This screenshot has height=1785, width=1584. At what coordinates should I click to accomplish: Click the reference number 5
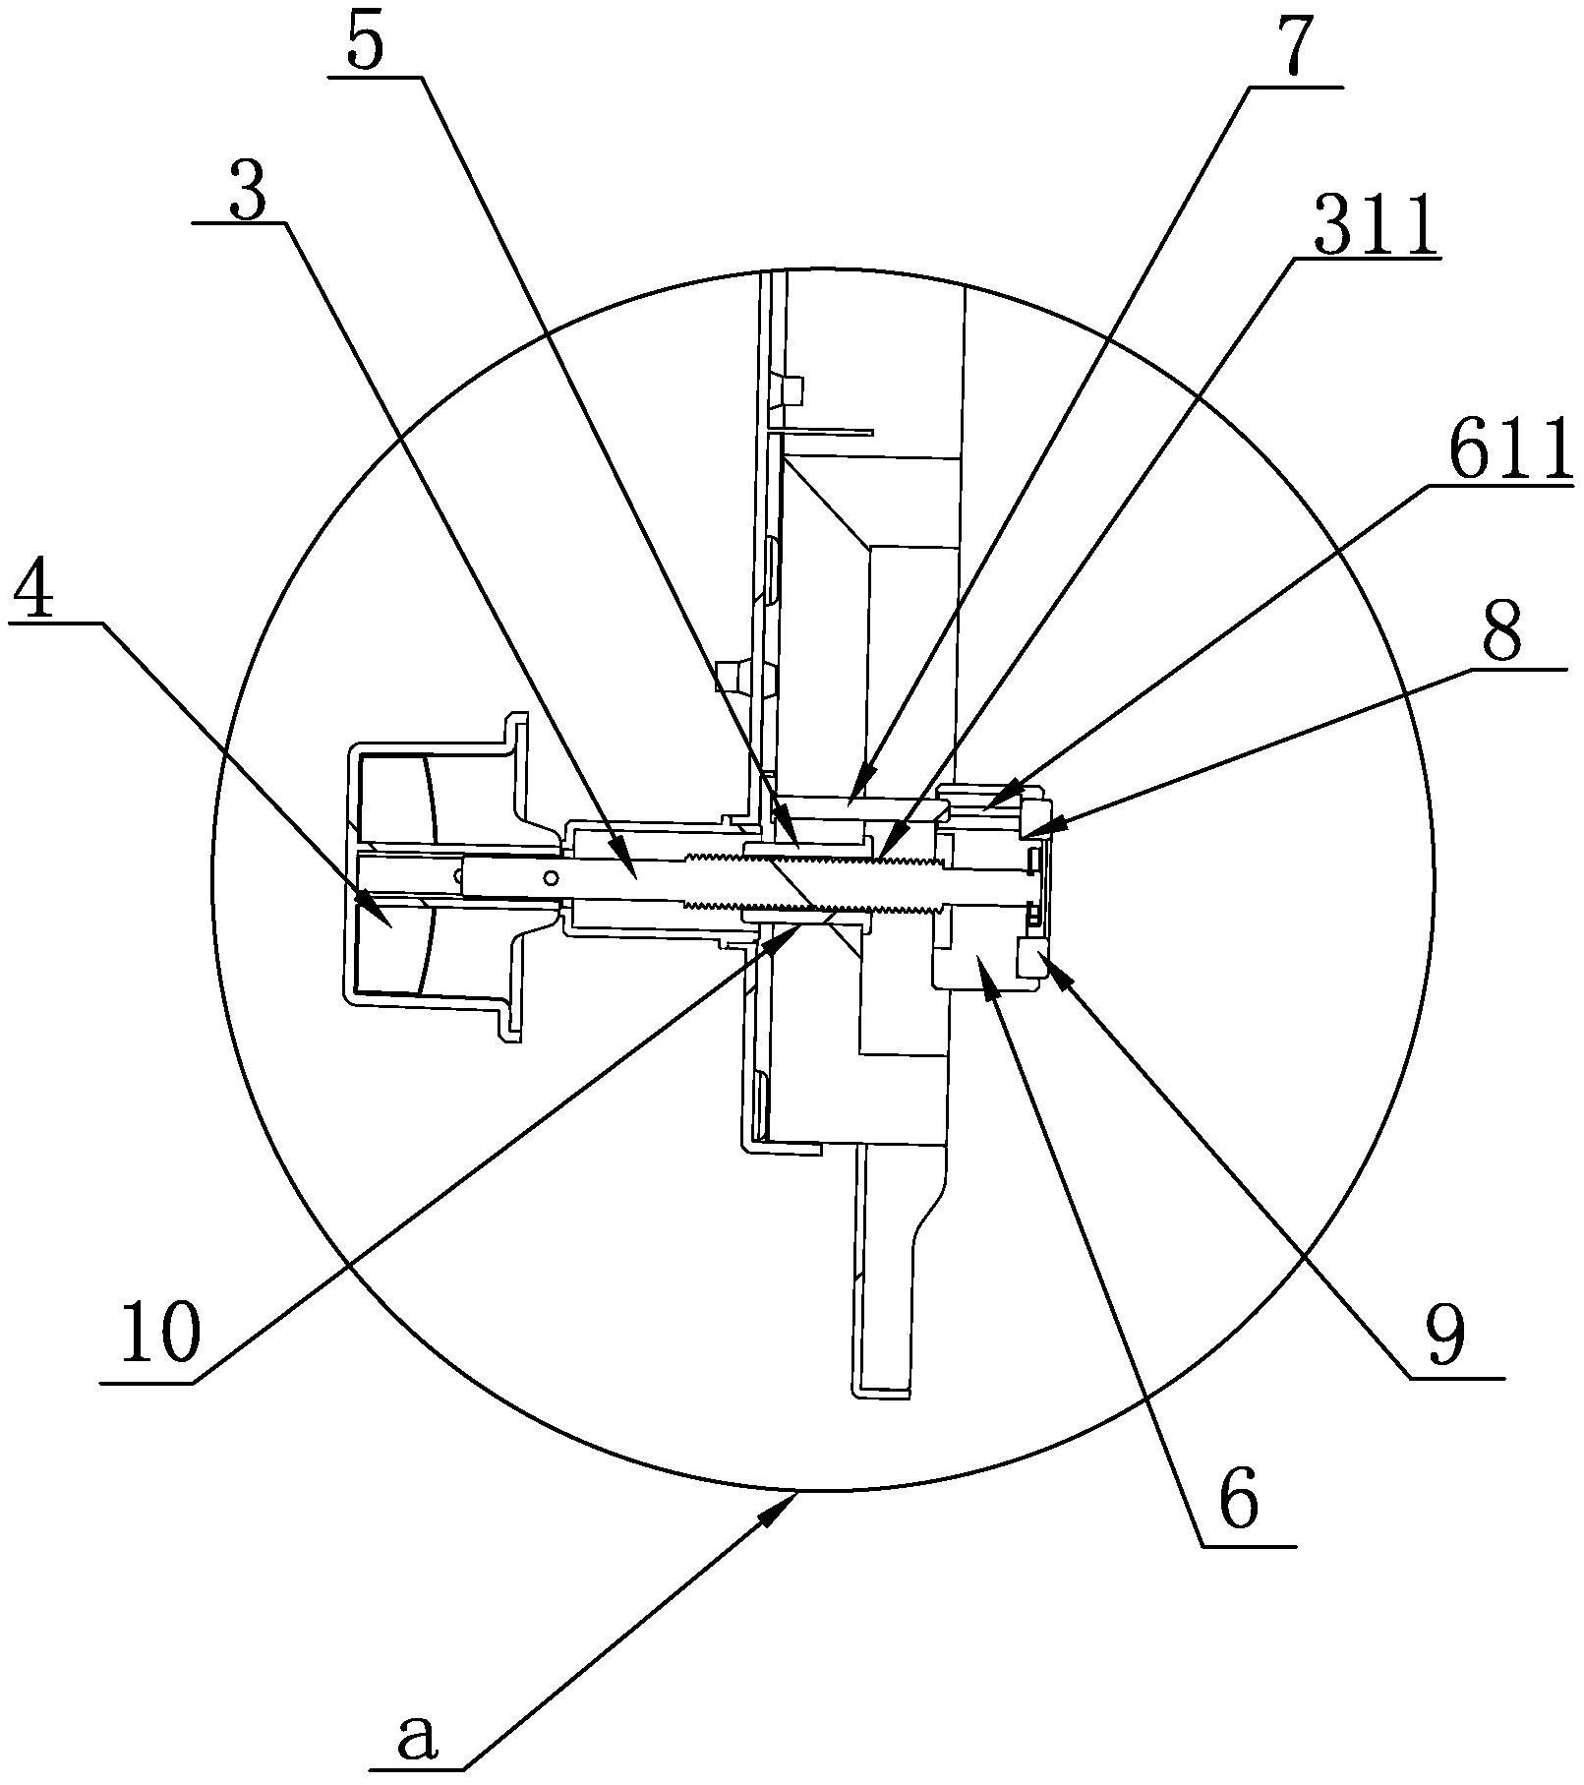tap(364, 39)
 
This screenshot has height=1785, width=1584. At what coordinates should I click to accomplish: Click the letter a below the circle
tap(416, 1739)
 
